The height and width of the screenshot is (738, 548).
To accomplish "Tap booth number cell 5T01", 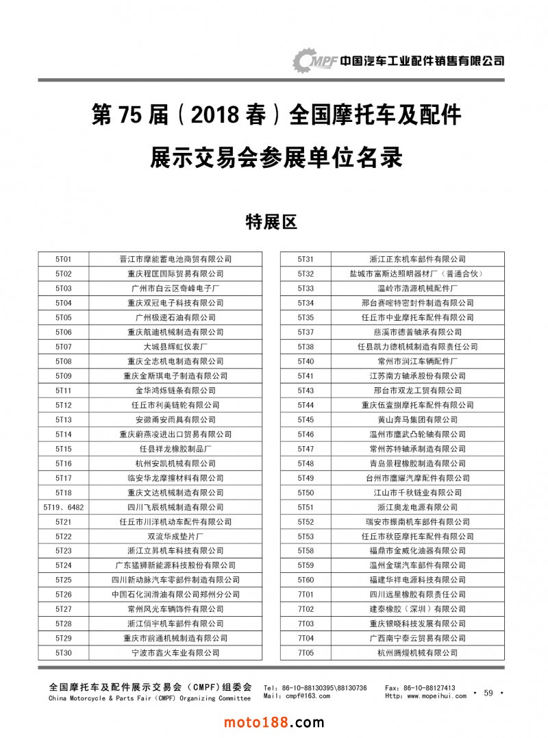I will [x=64, y=259].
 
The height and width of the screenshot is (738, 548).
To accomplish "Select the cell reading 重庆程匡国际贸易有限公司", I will [x=175, y=273].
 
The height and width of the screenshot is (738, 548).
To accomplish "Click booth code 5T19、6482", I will [x=64, y=507].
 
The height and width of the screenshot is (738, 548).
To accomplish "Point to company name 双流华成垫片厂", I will [x=175, y=537].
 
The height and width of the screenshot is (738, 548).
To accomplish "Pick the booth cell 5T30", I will [x=64, y=653].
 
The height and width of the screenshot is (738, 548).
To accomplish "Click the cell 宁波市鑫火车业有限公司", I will [x=175, y=653].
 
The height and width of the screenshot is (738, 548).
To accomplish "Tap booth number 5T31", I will [x=306, y=259].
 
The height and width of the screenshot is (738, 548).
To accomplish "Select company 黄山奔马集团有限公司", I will [x=417, y=419].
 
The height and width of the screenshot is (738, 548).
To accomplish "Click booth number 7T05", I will [x=306, y=653].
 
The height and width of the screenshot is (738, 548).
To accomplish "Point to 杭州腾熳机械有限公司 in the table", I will [x=417, y=653].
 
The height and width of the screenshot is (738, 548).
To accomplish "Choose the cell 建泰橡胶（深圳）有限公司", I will [x=417, y=609].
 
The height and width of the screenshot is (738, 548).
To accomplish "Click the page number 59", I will [x=488, y=693].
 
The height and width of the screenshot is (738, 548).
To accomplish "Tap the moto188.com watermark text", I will [x=274, y=722].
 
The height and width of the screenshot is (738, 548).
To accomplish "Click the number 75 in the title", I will [x=129, y=115].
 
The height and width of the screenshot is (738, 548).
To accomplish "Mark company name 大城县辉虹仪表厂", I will [x=175, y=347].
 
